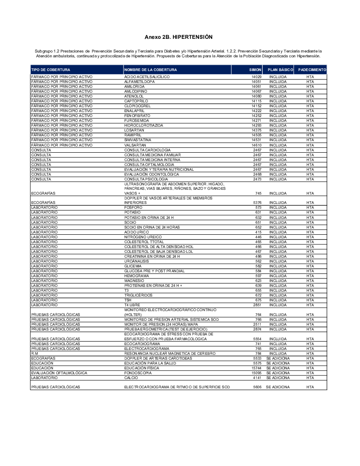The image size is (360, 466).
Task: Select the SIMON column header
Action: (255, 70)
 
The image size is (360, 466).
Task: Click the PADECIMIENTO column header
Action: (312, 70)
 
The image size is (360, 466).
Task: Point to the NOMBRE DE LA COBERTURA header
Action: (150, 70)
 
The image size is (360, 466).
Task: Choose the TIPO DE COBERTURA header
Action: (50, 70)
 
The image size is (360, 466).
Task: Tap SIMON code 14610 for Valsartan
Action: (256, 145)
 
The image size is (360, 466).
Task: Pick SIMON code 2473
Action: (257, 179)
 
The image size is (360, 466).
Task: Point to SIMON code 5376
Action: (257, 203)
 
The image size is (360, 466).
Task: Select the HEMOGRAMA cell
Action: (135, 275)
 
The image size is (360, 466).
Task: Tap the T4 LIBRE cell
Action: (132, 305)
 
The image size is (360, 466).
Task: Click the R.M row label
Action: (35, 353)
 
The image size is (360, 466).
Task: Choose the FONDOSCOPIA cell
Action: (137, 373)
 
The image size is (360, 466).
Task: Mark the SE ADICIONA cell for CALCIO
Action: (278, 378)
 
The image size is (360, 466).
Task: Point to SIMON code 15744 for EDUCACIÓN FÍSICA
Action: (256, 368)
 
